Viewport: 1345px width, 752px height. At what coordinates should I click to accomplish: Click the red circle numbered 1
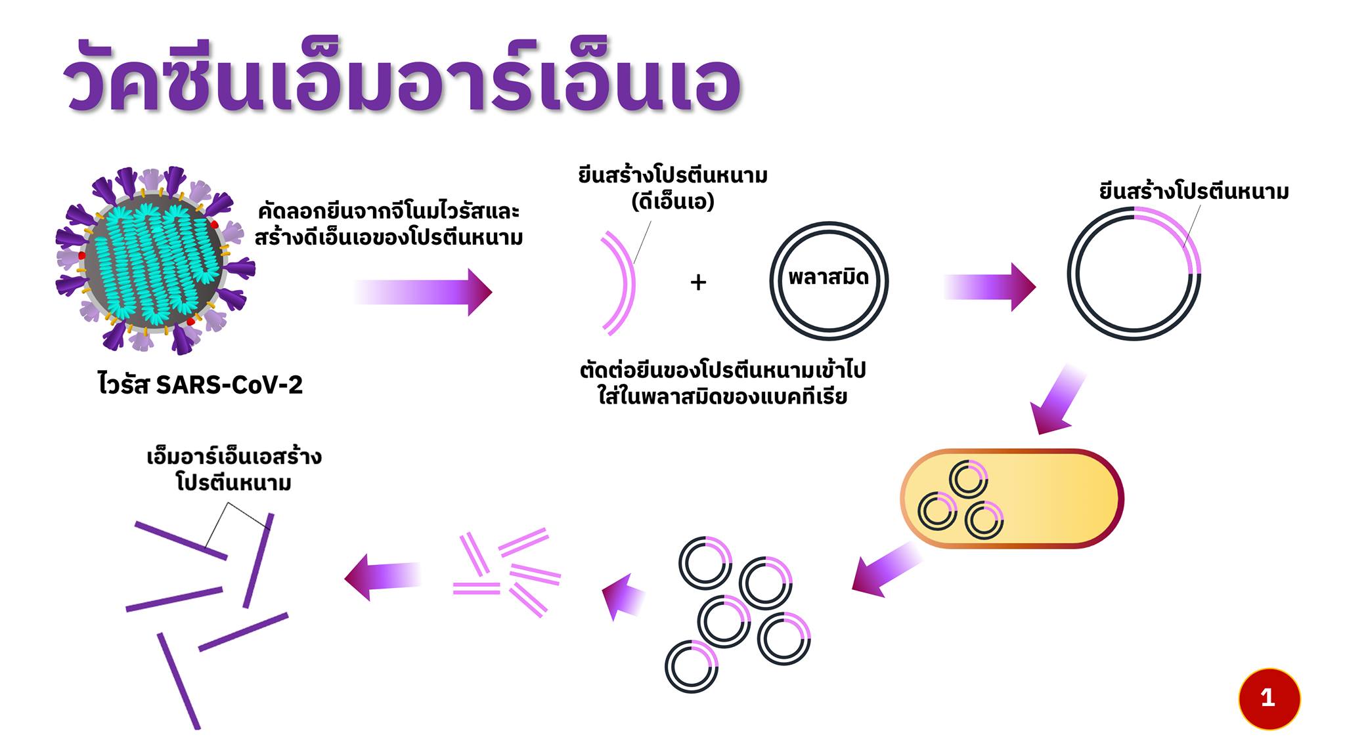pos(1269,698)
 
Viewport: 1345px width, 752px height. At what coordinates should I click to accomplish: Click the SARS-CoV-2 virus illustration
pos(155,260)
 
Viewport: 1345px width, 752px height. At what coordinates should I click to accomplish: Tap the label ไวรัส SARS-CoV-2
pos(200,385)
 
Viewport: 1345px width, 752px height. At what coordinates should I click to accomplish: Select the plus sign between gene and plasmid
pos(698,282)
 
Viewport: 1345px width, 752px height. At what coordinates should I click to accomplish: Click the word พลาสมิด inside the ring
pos(829,277)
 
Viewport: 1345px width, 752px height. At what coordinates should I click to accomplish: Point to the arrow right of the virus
pos(424,292)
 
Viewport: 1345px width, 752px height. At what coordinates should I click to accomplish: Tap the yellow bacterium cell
pos(1011,498)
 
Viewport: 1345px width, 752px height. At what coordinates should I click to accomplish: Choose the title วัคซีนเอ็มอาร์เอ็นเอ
pos(402,79)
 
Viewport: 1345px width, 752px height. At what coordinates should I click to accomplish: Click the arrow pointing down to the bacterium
pos(1057,400)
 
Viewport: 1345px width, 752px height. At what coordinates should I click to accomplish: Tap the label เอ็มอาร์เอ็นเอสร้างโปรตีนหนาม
pos(234,470)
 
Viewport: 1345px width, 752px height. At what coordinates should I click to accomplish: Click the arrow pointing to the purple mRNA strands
pos(382,577)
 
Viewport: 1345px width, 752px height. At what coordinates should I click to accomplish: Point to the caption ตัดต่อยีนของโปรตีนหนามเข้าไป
pos(722,370)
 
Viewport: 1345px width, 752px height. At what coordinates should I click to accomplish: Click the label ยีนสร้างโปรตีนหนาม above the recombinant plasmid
pos(1194,192)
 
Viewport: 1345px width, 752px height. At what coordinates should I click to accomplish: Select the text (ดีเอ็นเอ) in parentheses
pos(672,201)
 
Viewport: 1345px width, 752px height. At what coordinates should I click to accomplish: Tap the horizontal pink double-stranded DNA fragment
pos(477,588)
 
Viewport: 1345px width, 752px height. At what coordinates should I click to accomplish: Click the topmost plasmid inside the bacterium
pos(968,480)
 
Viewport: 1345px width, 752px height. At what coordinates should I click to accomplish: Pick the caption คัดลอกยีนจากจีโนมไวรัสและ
pos(389,211)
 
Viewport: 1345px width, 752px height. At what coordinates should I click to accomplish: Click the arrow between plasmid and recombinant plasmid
pos(990,287)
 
